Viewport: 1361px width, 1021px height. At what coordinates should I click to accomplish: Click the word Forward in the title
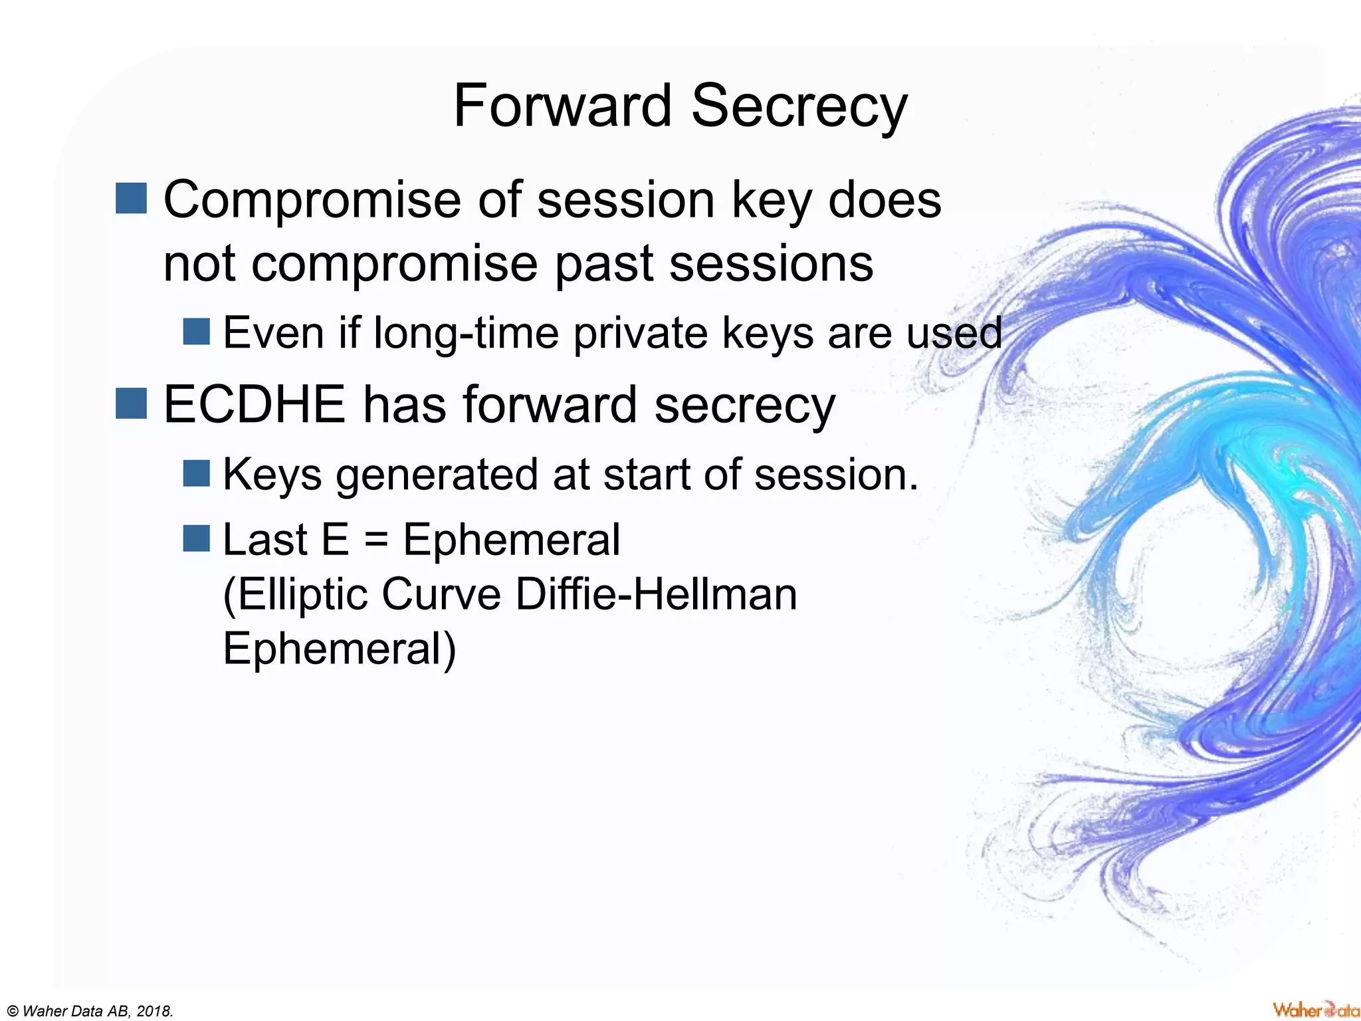click(x=562, y=106)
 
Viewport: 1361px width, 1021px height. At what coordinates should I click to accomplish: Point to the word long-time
click(x=466, y=332)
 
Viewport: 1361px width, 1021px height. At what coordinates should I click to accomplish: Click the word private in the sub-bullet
click(x=640, y=332)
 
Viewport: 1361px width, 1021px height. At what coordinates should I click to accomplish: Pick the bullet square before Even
click(x=196, y=332)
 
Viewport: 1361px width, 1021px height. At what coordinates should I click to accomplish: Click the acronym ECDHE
click(x=255, y=404)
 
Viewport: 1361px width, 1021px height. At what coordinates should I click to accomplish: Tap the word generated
click(x=437, y=475)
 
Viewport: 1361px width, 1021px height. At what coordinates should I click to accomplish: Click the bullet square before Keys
click(x=196, y=473)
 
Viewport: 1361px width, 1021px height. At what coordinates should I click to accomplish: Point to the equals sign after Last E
click(x=376, y=540)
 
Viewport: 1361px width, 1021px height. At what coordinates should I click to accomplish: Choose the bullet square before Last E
click(x=196, y=538)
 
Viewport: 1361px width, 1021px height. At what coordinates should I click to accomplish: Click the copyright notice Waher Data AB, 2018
click(x=88, y=1011)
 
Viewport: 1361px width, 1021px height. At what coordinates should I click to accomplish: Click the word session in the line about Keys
click(x=835, y=475)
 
